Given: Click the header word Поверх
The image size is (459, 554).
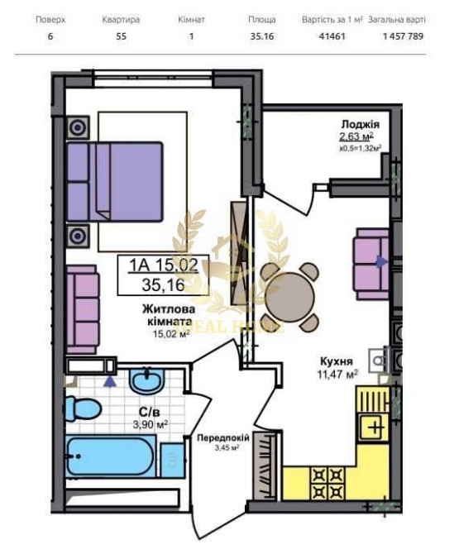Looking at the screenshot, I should coord(50,17).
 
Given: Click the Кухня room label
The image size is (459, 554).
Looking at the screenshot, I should coord(337,361).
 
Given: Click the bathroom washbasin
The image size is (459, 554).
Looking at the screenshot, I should coord(149,382).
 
